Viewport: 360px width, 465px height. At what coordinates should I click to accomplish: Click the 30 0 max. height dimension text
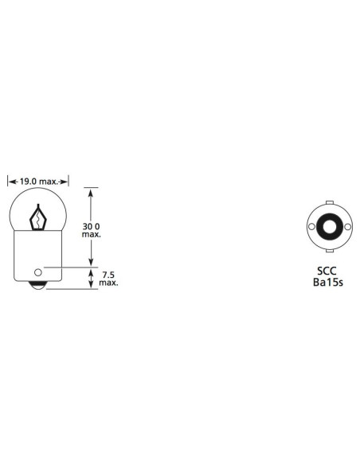tap(91, 230)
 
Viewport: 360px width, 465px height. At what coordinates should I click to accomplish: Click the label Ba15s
tap(327, 283)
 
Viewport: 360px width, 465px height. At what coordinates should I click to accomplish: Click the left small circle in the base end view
tap(312, 228)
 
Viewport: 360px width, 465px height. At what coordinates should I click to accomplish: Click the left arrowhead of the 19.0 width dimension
tap(10, 182)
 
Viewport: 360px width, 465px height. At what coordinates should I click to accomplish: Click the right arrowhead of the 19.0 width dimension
tap(66, 182)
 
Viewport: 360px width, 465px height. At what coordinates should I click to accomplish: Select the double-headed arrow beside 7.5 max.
tap(91, 279)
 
